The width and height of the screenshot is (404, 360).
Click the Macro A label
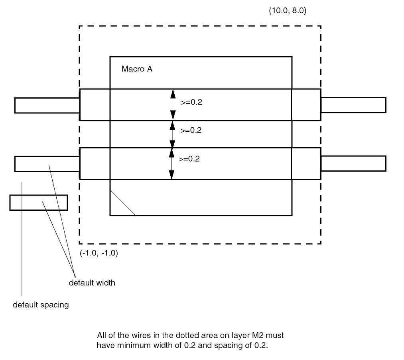click(137, 69)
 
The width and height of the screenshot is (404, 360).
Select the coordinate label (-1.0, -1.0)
click(99, 253)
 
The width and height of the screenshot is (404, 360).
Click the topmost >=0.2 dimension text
click(191, 102)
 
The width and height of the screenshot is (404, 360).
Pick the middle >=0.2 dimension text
click(191, 131)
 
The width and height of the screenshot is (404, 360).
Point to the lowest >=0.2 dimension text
click(189, 159)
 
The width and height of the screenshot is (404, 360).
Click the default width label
click(92, 283)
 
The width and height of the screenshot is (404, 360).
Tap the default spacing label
click(41, 305)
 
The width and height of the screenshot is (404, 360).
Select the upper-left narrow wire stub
click(47, 105)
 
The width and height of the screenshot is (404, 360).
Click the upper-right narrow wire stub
click(353, 105)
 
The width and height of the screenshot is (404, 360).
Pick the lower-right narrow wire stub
click(353, 163)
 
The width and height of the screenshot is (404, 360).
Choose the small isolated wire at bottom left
click(39, 202)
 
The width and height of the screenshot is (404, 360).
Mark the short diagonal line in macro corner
click(123, 203)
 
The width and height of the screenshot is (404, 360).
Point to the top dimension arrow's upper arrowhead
click(173, 94)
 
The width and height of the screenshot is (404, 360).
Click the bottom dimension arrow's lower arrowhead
click(171, 174)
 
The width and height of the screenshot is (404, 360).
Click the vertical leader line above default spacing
click(22, 239)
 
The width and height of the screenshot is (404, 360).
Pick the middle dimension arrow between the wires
click(172, 134)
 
